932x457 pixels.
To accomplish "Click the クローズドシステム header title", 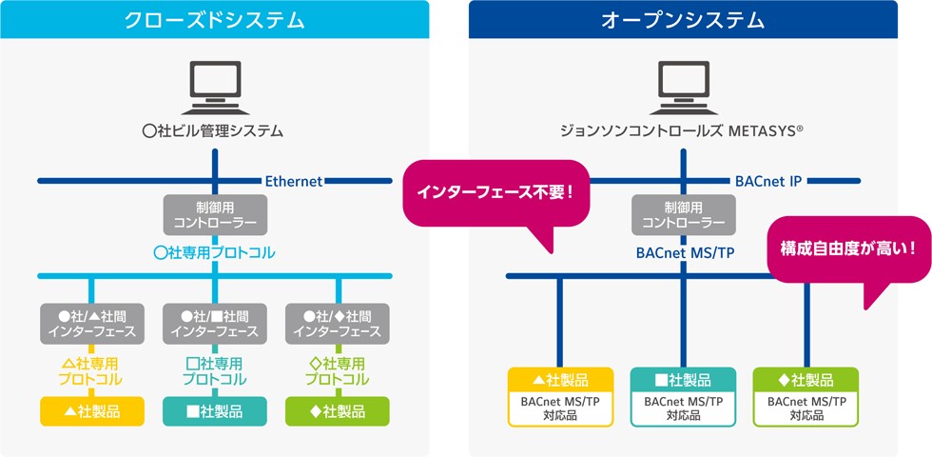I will (x=215, y=19).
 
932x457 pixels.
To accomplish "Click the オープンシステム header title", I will (x=682, y=19).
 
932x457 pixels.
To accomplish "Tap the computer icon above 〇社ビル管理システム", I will (x=215, y=88).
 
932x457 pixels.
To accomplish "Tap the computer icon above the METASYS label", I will (x=683, y=88).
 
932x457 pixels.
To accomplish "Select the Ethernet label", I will (x=294, y=181).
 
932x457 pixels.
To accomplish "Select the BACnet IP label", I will (x=768, y=181).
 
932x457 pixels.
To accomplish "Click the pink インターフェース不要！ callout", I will (x=495, y=192).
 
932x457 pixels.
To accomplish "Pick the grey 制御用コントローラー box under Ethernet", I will (x=215, y=214).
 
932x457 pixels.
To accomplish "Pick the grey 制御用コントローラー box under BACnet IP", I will (x=683, y=214).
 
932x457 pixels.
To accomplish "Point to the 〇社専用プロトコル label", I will (x=215, y=253).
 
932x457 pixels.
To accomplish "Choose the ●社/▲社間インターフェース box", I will (x=91, y=323).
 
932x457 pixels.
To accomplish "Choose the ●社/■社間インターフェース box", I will (x=215, y=323).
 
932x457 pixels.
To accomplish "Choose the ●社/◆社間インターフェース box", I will (x=338, y=323).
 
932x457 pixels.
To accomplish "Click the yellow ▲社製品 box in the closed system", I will (x=91, y=411).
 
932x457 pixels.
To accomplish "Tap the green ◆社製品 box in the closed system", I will (x=338, y=411).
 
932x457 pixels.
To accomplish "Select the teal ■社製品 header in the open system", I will (x=683, y=380).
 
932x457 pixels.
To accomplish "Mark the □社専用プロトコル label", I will (x=215, y=370).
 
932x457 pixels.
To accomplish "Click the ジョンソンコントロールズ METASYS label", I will (x=683, y=131).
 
